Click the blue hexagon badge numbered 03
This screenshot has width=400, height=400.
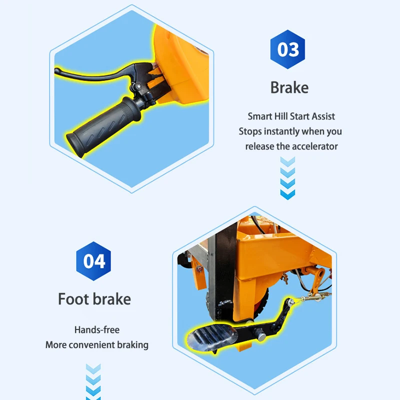point(287,49)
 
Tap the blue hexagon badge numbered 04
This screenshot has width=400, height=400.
point(93,261)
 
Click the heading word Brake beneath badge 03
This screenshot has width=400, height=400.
point(289,87)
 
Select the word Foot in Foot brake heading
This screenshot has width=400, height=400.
point(73,298)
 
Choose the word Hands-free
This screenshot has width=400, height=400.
point(97,329)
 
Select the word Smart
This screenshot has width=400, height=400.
point(260,116)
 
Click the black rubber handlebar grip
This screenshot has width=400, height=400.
point(102,126)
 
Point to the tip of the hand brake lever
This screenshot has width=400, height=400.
point(57,70)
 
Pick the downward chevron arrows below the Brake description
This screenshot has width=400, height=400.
point(287,178)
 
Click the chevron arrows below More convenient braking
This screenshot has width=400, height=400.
point(93,382)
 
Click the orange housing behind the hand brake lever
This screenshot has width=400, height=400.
point(181,65)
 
